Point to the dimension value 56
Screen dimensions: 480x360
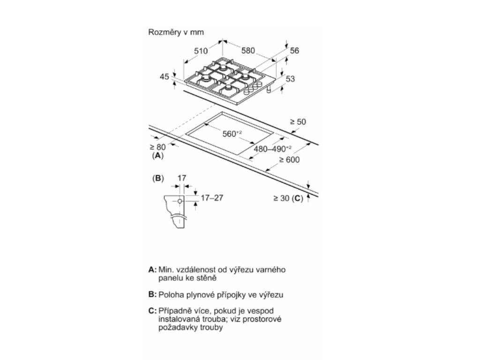(294, 51)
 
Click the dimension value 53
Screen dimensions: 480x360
(290, 79)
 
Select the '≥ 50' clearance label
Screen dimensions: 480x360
(298, 122)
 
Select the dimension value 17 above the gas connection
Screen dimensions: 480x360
(182, 178)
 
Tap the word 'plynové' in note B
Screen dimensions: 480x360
(193, 295)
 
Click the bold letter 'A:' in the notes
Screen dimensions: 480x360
(152, 270)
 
